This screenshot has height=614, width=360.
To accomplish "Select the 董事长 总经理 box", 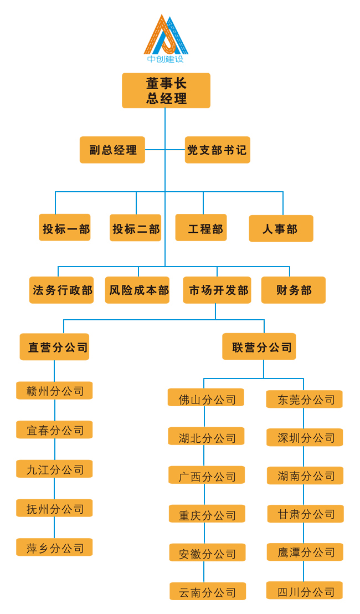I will [166, 90].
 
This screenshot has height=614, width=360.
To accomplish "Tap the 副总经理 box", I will [112, 150].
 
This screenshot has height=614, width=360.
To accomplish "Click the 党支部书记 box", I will [217, 150].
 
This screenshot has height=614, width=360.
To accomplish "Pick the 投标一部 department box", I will [65, 228].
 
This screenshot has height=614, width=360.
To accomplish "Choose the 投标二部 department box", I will [135, 228].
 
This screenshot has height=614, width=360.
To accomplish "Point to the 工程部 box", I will [201, 228].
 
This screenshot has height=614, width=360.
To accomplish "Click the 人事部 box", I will [281, 228].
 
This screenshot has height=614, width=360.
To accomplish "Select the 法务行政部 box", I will [61, 290].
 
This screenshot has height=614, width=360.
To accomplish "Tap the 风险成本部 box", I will [137, 290].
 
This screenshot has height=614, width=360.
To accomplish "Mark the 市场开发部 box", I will [217, 290].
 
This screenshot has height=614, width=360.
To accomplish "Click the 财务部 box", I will [294, 290].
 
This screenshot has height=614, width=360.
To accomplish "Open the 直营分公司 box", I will [54, 347].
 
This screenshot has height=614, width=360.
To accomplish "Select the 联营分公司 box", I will [259, 347].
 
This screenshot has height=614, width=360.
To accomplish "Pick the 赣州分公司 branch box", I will [54, 391].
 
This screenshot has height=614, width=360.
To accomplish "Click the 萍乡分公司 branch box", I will [54, 548].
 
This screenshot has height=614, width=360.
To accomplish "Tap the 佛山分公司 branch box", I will [206, 398].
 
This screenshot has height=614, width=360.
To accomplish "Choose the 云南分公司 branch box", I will [208, 591].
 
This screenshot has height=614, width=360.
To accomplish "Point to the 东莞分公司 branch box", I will [304, 399].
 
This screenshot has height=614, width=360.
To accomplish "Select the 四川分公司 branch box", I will [305, 591].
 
